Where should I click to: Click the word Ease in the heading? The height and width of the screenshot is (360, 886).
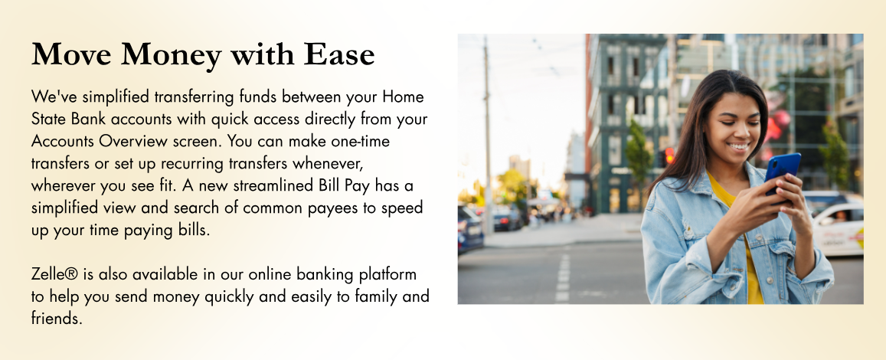tap(339, 54)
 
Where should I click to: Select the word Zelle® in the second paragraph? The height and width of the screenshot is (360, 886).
tap(54, 274)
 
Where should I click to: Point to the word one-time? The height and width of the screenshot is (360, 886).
tap(361, 141)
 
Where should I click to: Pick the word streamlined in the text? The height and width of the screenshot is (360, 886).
tap(273, 185)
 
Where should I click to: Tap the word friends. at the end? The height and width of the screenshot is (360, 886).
tap(57, 318)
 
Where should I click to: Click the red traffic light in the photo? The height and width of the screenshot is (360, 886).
tap(669, 155)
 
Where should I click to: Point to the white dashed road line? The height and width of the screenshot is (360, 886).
tap(563, 280)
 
